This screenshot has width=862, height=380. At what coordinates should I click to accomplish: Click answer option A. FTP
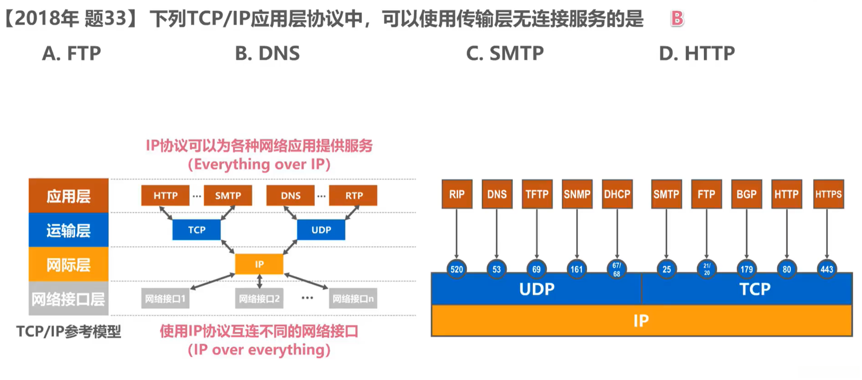(x=71, y=53)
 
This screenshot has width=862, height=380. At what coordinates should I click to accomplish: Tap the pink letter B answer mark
(x=677, y=19)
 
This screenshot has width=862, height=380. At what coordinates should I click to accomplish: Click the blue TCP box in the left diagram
(x=196, y=230)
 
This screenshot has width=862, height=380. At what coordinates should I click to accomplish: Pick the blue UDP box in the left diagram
(x=321, y=230)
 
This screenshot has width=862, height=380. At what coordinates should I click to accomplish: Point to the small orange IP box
(x=259, y=264)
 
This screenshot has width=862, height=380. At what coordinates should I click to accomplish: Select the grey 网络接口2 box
(x=259, y=299)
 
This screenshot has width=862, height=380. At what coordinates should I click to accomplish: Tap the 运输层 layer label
(x=69, y=230)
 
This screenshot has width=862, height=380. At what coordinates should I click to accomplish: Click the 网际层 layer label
(x=69, y=265)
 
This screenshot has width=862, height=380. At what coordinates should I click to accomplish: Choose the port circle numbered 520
(x=457, y=269)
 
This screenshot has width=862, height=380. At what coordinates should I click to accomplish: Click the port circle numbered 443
(x=826, y=269)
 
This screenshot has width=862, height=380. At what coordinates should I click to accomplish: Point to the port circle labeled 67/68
(x=617, y=269)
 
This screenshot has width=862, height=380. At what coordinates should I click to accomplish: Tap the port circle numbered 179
(x=746, y=269)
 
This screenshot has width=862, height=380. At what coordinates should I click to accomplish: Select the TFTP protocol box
(x=537, y=194)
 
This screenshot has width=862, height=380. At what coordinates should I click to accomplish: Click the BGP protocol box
(x=746, y=194)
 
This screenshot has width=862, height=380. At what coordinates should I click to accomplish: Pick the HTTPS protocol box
(x=828, y=194)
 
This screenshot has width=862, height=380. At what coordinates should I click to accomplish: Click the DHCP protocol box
(x=617, y=194)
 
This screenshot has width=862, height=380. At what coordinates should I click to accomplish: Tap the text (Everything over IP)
(x=259, y=164)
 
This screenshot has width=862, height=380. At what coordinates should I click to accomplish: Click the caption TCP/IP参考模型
(x=69, y=331)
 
